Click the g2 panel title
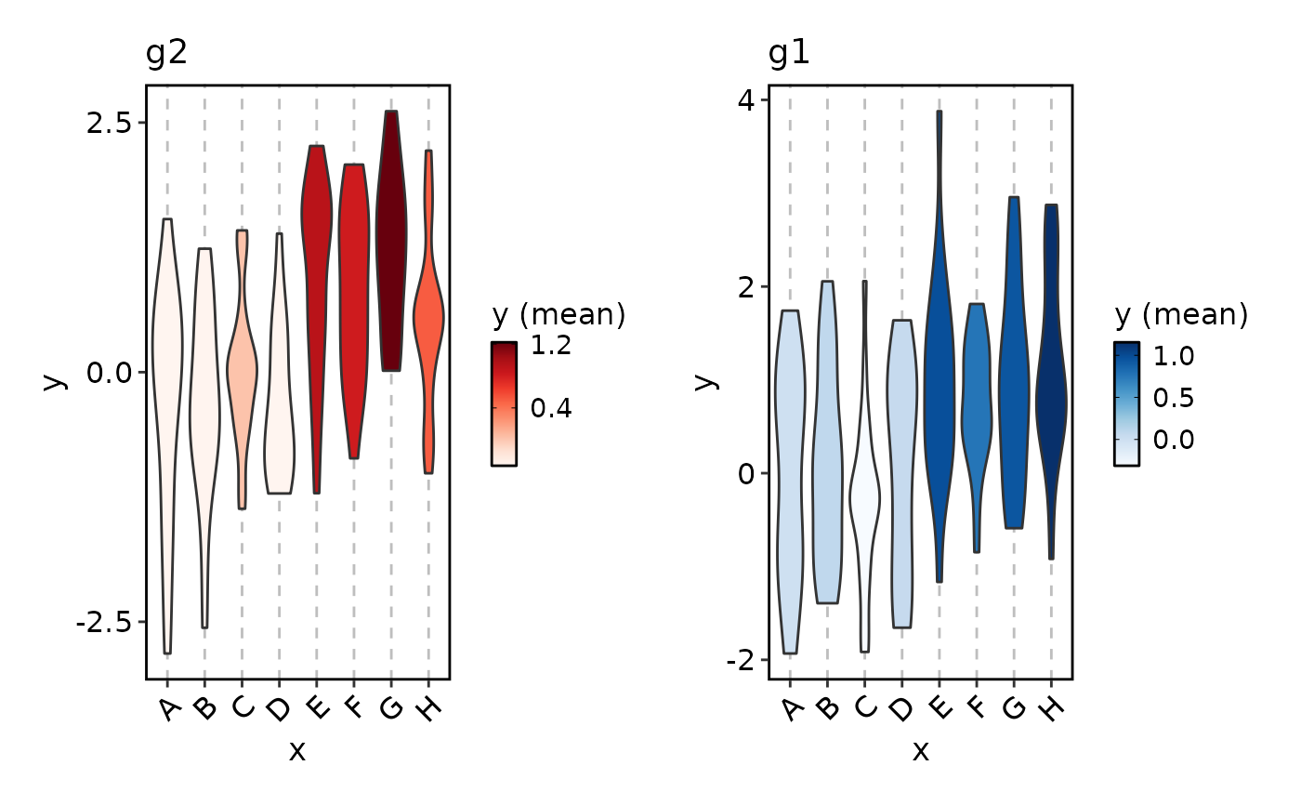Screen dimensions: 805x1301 pyautogui.click(x=167, y=54)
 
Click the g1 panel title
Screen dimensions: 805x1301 pyautogui.click(x=790, y=54)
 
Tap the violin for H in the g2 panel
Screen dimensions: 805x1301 pyautogui.click(x=428, y=316)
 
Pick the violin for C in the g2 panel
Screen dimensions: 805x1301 pyautogui.click(x=242, y=363)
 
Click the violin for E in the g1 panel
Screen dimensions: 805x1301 pyautogui.click(x=940, y=372)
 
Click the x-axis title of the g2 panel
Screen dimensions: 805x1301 pyautogui.click(x=297, y=751)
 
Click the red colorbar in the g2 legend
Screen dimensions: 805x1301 pyautogui.click(x=504, y=402)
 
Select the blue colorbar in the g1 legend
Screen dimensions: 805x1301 pyautogui.click(x=1126, y=402)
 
